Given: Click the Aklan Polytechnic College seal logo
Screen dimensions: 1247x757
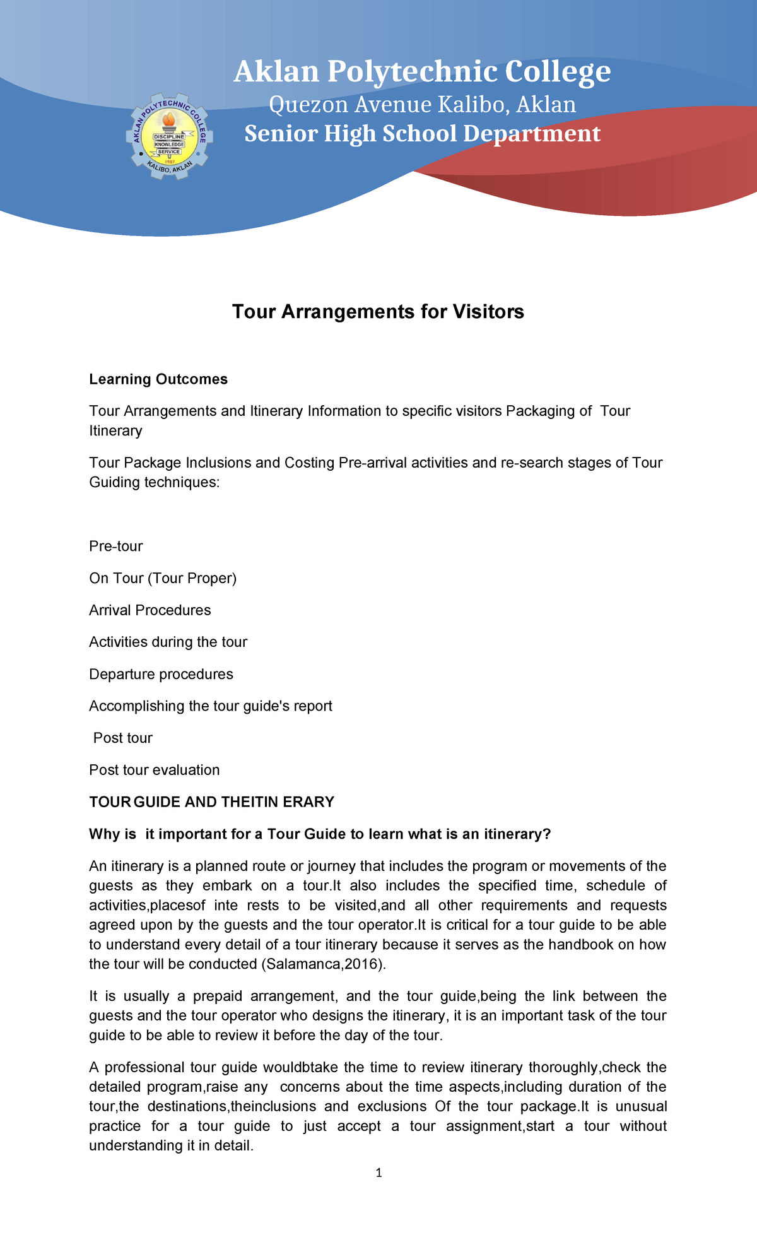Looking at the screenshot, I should (x=170, y=136).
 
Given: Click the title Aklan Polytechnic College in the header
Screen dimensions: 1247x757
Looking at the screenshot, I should (x=422, y=72).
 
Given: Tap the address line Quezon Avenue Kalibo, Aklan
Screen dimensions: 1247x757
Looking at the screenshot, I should (x=422, y=105).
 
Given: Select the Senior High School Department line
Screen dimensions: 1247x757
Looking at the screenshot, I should (x=422, y=134).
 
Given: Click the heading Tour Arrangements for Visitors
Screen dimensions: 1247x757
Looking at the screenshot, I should (x=378, y=312).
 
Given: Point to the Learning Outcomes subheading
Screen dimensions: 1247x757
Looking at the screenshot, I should (x=158, y=379).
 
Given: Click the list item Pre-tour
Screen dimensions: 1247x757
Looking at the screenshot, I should (x=116, y=546).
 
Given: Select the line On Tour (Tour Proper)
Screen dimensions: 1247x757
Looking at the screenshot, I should (x=163, y=578).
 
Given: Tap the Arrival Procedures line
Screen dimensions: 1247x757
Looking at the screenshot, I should (x=150, y=610).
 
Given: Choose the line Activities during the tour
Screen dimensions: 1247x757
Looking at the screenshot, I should (x=168, y=642).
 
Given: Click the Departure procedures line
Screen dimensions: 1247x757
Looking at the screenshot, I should (x=161, y=674).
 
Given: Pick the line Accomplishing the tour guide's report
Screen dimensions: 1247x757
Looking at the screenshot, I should (x=211, y=706).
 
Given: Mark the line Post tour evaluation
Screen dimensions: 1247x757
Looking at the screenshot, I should (x=155, y=770).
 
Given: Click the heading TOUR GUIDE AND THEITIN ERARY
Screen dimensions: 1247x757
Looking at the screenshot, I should (x=211, y=802).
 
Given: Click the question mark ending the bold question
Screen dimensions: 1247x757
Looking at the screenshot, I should (x=547, y=834).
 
